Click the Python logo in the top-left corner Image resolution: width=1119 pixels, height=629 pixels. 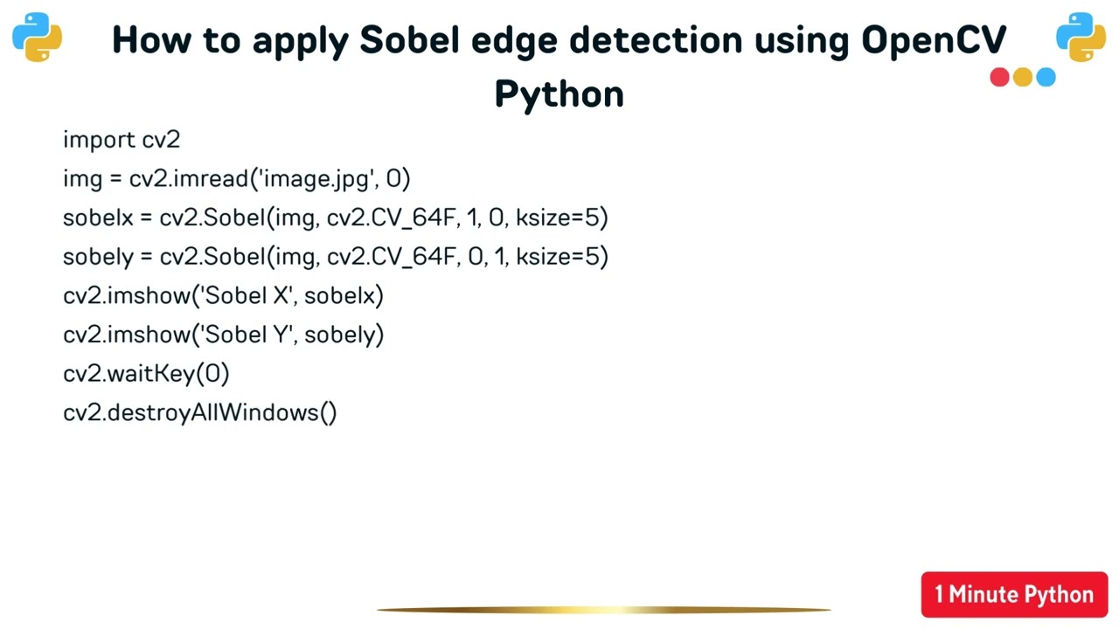click(x=37, y=37)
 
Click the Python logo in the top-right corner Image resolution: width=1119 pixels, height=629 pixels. click(x=1081, y=37)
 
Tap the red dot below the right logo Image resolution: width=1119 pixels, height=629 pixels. click(x=999, y=78)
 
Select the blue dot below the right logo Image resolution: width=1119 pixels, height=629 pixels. click(x=1046, y=78)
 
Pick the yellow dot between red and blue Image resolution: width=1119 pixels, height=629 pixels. click(x=1023, y=78)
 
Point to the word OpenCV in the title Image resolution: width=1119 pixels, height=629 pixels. click(x=934, y=40)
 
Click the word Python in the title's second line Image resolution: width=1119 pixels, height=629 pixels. click(x=559, y=93)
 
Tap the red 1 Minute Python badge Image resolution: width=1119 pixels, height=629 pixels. click(x=1014, y=595)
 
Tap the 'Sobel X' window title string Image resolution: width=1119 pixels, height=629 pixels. click(x=248, y=295)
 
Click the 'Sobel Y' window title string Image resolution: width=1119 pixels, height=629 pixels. click(x=248, y=335)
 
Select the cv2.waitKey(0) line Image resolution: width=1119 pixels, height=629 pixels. click(x=146, y=374)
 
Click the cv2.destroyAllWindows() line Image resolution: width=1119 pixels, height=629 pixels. click(x=199, y=412)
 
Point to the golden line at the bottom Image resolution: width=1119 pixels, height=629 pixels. click(x=603, y=610)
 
